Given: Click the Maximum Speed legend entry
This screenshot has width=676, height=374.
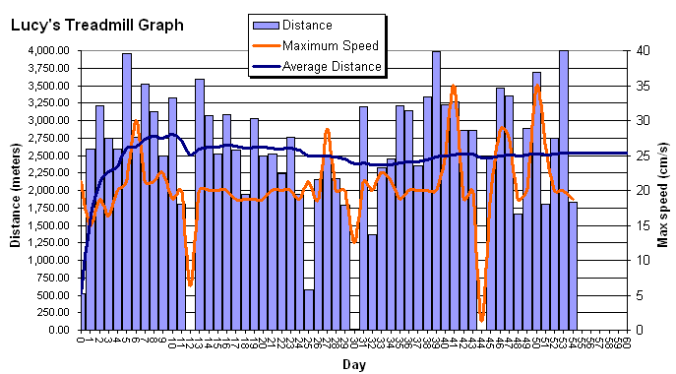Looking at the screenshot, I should click(x=330, y=45).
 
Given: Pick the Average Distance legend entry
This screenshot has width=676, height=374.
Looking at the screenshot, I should click(x=332, y=66).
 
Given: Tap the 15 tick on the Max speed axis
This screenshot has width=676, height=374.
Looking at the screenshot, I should click(x=641, y=225).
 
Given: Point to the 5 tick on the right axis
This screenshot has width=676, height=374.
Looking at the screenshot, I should click(x=638, y=295).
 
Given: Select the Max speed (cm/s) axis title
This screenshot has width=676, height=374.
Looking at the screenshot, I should click(x=663, y=191).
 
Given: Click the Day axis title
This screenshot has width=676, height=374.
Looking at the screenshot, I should click(x=354, y=364).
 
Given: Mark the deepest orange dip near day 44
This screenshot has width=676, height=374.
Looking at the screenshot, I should click(x=482, y=319).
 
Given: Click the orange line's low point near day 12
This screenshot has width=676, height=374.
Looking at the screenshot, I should click(x=190, y=285).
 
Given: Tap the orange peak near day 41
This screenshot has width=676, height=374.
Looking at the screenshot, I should click(x=453, y=87).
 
